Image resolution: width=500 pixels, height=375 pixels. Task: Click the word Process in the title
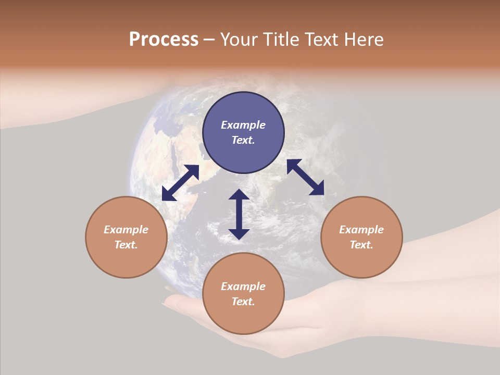[x=164, y=40]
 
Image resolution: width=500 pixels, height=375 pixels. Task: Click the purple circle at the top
[x=243, y=133]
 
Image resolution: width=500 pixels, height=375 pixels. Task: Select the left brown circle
[x=126, y=237]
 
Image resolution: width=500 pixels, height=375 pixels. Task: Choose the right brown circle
[x=361, y=237]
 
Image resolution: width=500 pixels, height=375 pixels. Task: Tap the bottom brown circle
[x=243, y=294]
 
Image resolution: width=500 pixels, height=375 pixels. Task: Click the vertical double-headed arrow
[x=239, y=214]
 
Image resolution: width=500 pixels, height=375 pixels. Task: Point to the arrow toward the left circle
[x=180, y=183]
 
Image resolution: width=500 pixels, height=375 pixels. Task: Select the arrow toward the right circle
[x=306, y=177]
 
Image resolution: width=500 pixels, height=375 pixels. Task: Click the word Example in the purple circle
[x=243, y=125]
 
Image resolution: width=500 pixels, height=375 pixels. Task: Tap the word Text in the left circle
[x=126, y=245]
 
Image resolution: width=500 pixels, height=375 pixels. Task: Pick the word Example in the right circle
[x=361, y=230]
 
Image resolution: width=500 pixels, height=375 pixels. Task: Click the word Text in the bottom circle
[x=243, y=302]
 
